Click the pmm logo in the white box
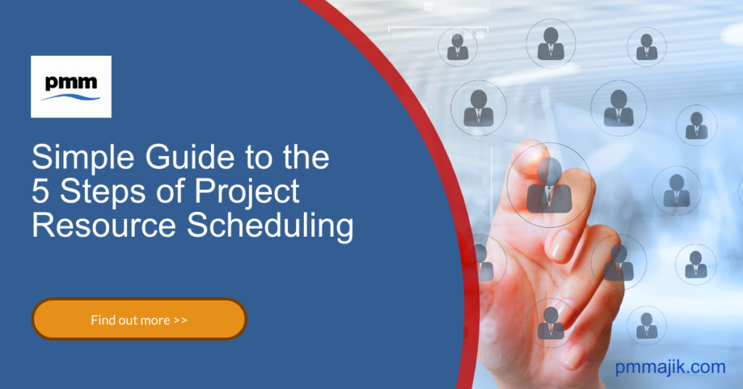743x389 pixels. [71, 86]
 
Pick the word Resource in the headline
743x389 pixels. [104, 226]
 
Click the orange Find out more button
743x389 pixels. [139, 319]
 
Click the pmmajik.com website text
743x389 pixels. [670, 367]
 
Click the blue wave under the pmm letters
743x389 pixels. [71, 96]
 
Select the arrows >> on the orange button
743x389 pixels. [181, 319]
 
